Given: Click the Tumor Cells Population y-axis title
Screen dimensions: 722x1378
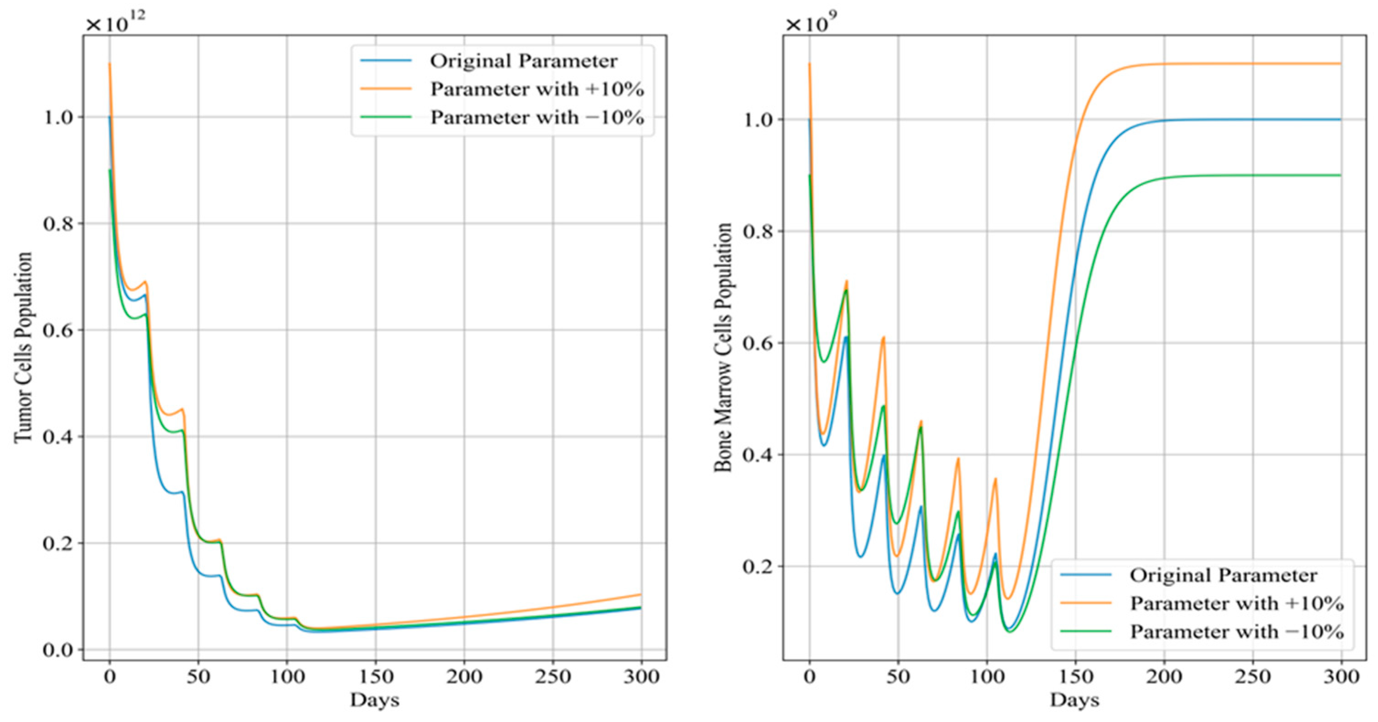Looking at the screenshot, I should coord(24,347).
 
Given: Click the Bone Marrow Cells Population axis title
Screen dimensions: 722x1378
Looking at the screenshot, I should coord(723,347).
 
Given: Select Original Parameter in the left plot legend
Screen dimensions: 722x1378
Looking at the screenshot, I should coord(523,61).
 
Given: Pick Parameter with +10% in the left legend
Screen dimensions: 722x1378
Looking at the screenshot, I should coord(536,90).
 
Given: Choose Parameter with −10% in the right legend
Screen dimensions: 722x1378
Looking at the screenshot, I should coord(1236,632).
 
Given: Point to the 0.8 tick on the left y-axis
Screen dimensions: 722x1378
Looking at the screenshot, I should coord(58,224).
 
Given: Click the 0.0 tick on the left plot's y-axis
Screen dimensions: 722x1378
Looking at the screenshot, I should coord(58,650).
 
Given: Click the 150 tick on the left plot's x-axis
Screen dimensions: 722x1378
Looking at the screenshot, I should coord(375,677).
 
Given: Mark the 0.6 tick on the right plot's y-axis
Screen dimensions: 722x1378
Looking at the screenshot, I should coord(758,343).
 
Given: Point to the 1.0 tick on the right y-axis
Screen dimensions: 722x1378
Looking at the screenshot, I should coord(758,120).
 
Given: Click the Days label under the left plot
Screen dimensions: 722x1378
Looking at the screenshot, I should coord(375,700).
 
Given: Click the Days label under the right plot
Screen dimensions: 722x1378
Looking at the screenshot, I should coord(1074,700).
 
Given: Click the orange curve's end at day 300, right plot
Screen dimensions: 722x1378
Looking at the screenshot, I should coord(1341,63).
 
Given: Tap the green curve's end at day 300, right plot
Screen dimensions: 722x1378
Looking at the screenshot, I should coord(1341,175).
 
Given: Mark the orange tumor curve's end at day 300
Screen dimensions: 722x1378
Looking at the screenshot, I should coord(640,594).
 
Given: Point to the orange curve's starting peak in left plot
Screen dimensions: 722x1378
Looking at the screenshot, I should coord(110,63).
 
